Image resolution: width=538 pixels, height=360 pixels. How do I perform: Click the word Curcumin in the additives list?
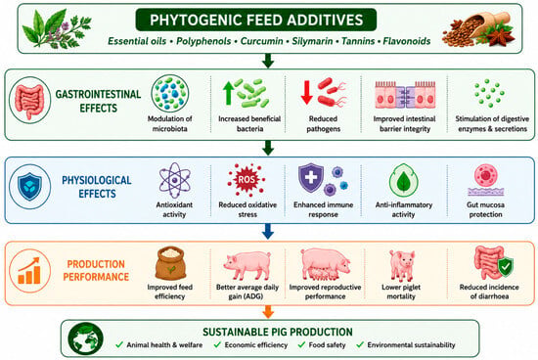click(x=262, y=41)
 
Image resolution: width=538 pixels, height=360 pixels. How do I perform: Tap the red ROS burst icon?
click(x=247, y=180)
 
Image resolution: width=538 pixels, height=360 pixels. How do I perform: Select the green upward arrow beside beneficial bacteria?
click(x=228, y=93)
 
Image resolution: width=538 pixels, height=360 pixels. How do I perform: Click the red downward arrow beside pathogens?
click(x=306, y=92)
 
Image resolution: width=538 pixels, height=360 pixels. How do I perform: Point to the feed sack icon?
click(x=170, y=263)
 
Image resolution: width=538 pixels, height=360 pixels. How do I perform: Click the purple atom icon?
click(x=175, y=180)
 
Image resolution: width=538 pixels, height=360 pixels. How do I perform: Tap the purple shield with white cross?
click(x=311, y=178)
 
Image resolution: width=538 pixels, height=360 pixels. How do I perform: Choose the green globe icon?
click(x=86, y=338)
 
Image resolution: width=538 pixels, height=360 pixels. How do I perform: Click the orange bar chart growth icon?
click(x=29, y=271)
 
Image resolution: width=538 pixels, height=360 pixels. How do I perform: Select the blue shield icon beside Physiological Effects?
click(x=30, y=186)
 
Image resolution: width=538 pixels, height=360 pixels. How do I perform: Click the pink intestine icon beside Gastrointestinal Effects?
click(x=30, y=101)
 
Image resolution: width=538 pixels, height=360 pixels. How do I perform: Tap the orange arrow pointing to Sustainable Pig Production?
click(x=268, y=312)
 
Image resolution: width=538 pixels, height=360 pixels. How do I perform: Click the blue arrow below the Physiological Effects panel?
click(x=268, y=231)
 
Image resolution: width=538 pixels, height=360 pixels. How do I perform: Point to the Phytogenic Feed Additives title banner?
click(x=256, y=20)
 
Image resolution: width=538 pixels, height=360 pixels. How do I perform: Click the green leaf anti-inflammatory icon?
click(x=403, y=181)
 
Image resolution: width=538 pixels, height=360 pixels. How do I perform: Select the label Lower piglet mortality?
click(x=401, y=292)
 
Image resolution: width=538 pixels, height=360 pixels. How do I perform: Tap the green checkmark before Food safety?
click(x=301, y=344)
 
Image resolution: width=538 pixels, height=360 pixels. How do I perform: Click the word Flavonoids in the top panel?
click(x=407, y=41)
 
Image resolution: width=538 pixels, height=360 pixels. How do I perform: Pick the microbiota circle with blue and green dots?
click(x=170, y=93)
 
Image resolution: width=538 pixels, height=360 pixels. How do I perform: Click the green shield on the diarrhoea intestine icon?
click(x=506, y=267)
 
